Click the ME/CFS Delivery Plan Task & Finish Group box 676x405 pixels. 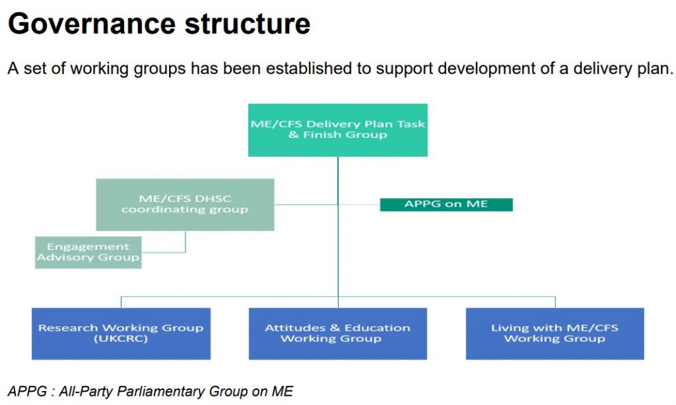click(x=337, y=129)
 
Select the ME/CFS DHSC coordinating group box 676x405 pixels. click(x=185, y=204)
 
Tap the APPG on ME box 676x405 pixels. click(x=446, y=204)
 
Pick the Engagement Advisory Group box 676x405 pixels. click(x=88, y=252)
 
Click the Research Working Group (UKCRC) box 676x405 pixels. click(x=121, y=333)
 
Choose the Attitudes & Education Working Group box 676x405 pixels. click(x=337, y=333)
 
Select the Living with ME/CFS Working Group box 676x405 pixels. click(x=555, y=333)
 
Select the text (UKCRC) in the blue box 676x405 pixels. click(x=121, y=339)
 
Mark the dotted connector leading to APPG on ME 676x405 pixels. click(x=360, y=204)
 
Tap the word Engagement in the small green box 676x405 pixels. click(x=88, y=247)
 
